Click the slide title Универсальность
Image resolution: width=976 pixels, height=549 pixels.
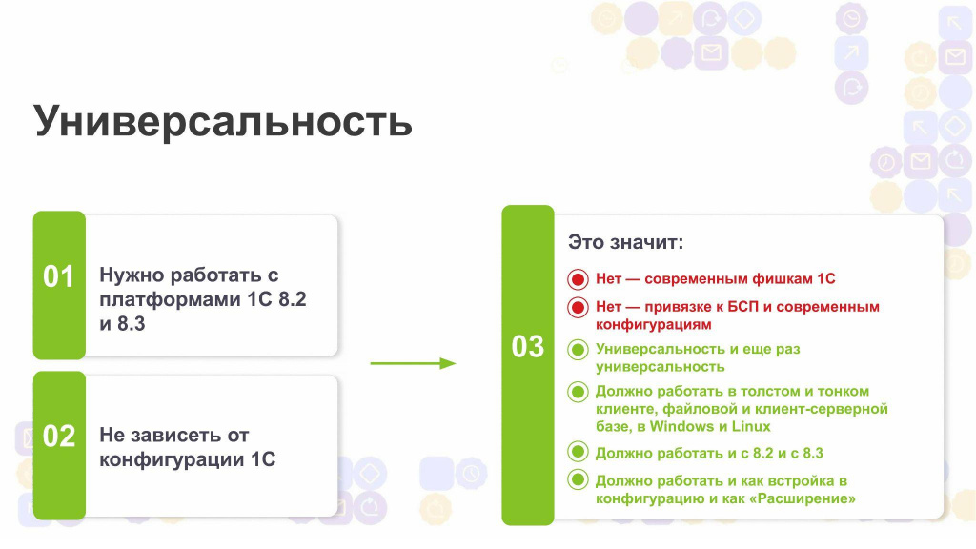point(222,121)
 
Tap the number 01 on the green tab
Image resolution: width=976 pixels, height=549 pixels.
point(58,276)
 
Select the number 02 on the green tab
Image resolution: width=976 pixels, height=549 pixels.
point(58,436)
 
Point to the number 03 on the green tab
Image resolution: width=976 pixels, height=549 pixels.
point(528,347)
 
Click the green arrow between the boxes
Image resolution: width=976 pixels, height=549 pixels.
point(414,363)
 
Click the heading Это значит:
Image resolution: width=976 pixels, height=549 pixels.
point(625,242)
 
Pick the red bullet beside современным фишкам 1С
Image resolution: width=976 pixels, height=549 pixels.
point(578,279)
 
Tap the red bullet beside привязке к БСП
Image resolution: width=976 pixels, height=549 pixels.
point(578,308)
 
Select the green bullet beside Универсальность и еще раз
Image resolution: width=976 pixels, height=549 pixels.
point(578,350)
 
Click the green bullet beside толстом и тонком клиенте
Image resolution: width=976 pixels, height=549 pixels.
point(578,392)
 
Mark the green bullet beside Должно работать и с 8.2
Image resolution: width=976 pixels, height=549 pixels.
point(578,452)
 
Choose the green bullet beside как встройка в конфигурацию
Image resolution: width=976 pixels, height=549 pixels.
point(578,480)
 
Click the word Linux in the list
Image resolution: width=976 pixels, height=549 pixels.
point(751,426)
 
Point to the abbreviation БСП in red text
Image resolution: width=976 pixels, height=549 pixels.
point(742,306)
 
